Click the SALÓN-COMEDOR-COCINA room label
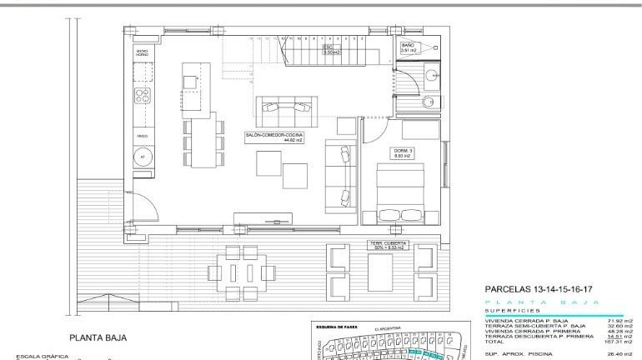coord(274,137)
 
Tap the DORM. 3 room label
coord(403,152)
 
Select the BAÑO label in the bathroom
coord(408,48)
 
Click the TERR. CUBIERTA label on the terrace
coord(388,245)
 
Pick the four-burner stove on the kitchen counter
coord(143,94)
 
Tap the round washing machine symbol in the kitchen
coord(142,157)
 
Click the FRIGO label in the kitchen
coord(142,133)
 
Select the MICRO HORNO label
coord(142,53)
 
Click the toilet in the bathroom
coord(428,102)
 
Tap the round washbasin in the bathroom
coord(431,76)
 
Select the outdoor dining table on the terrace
coord(243,272)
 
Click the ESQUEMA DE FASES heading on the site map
coord(338,327)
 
